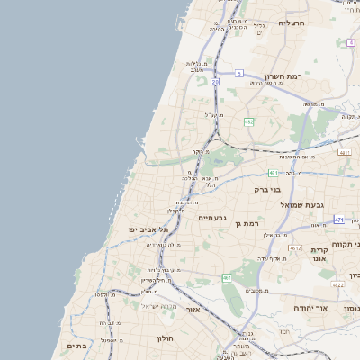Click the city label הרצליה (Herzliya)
292,22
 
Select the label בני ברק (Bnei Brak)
288,190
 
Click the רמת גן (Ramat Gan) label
246,222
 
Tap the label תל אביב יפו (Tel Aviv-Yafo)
148,230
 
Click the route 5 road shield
239,73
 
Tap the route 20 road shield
215,82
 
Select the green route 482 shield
248,121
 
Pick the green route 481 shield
274,172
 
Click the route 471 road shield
338,220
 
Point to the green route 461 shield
228,277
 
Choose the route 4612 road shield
295,247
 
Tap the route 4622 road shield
337,284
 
